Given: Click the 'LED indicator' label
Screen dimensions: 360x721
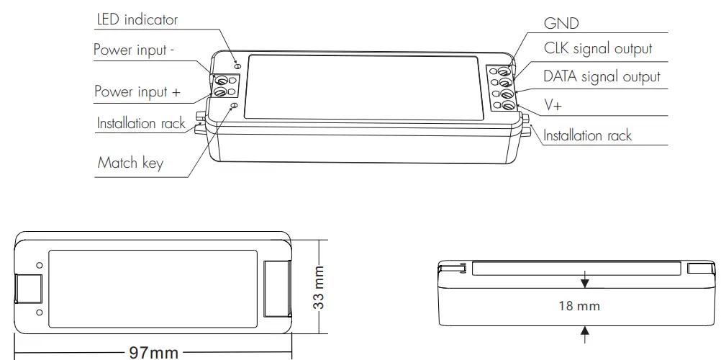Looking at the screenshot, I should (x=137, y=19).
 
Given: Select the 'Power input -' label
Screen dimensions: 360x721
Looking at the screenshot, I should (x=135, y=51).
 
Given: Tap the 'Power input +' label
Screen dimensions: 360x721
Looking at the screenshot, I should (x=137, y=91).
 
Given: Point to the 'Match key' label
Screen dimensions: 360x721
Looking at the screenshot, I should (x=130, y=162).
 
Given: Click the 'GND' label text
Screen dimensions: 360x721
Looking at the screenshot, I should (x=561, y=24).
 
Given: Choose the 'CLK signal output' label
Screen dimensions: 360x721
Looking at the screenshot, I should (x=597, y=49).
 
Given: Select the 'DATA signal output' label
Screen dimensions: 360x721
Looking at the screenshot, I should (x=601, y=76).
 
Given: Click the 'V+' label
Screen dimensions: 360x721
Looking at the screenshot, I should (x=553, y=104).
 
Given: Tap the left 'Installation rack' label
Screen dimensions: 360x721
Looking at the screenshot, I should (x=141, y=123).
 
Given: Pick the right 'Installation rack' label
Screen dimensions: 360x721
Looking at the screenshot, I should (x=587, y=135).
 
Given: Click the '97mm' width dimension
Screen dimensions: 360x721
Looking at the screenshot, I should (x=153, y=352).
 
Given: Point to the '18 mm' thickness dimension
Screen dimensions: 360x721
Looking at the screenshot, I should (x=579, y=305).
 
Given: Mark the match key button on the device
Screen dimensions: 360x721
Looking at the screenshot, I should (x=232, y=106).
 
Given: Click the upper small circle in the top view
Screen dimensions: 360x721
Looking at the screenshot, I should (x=39, y=266).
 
